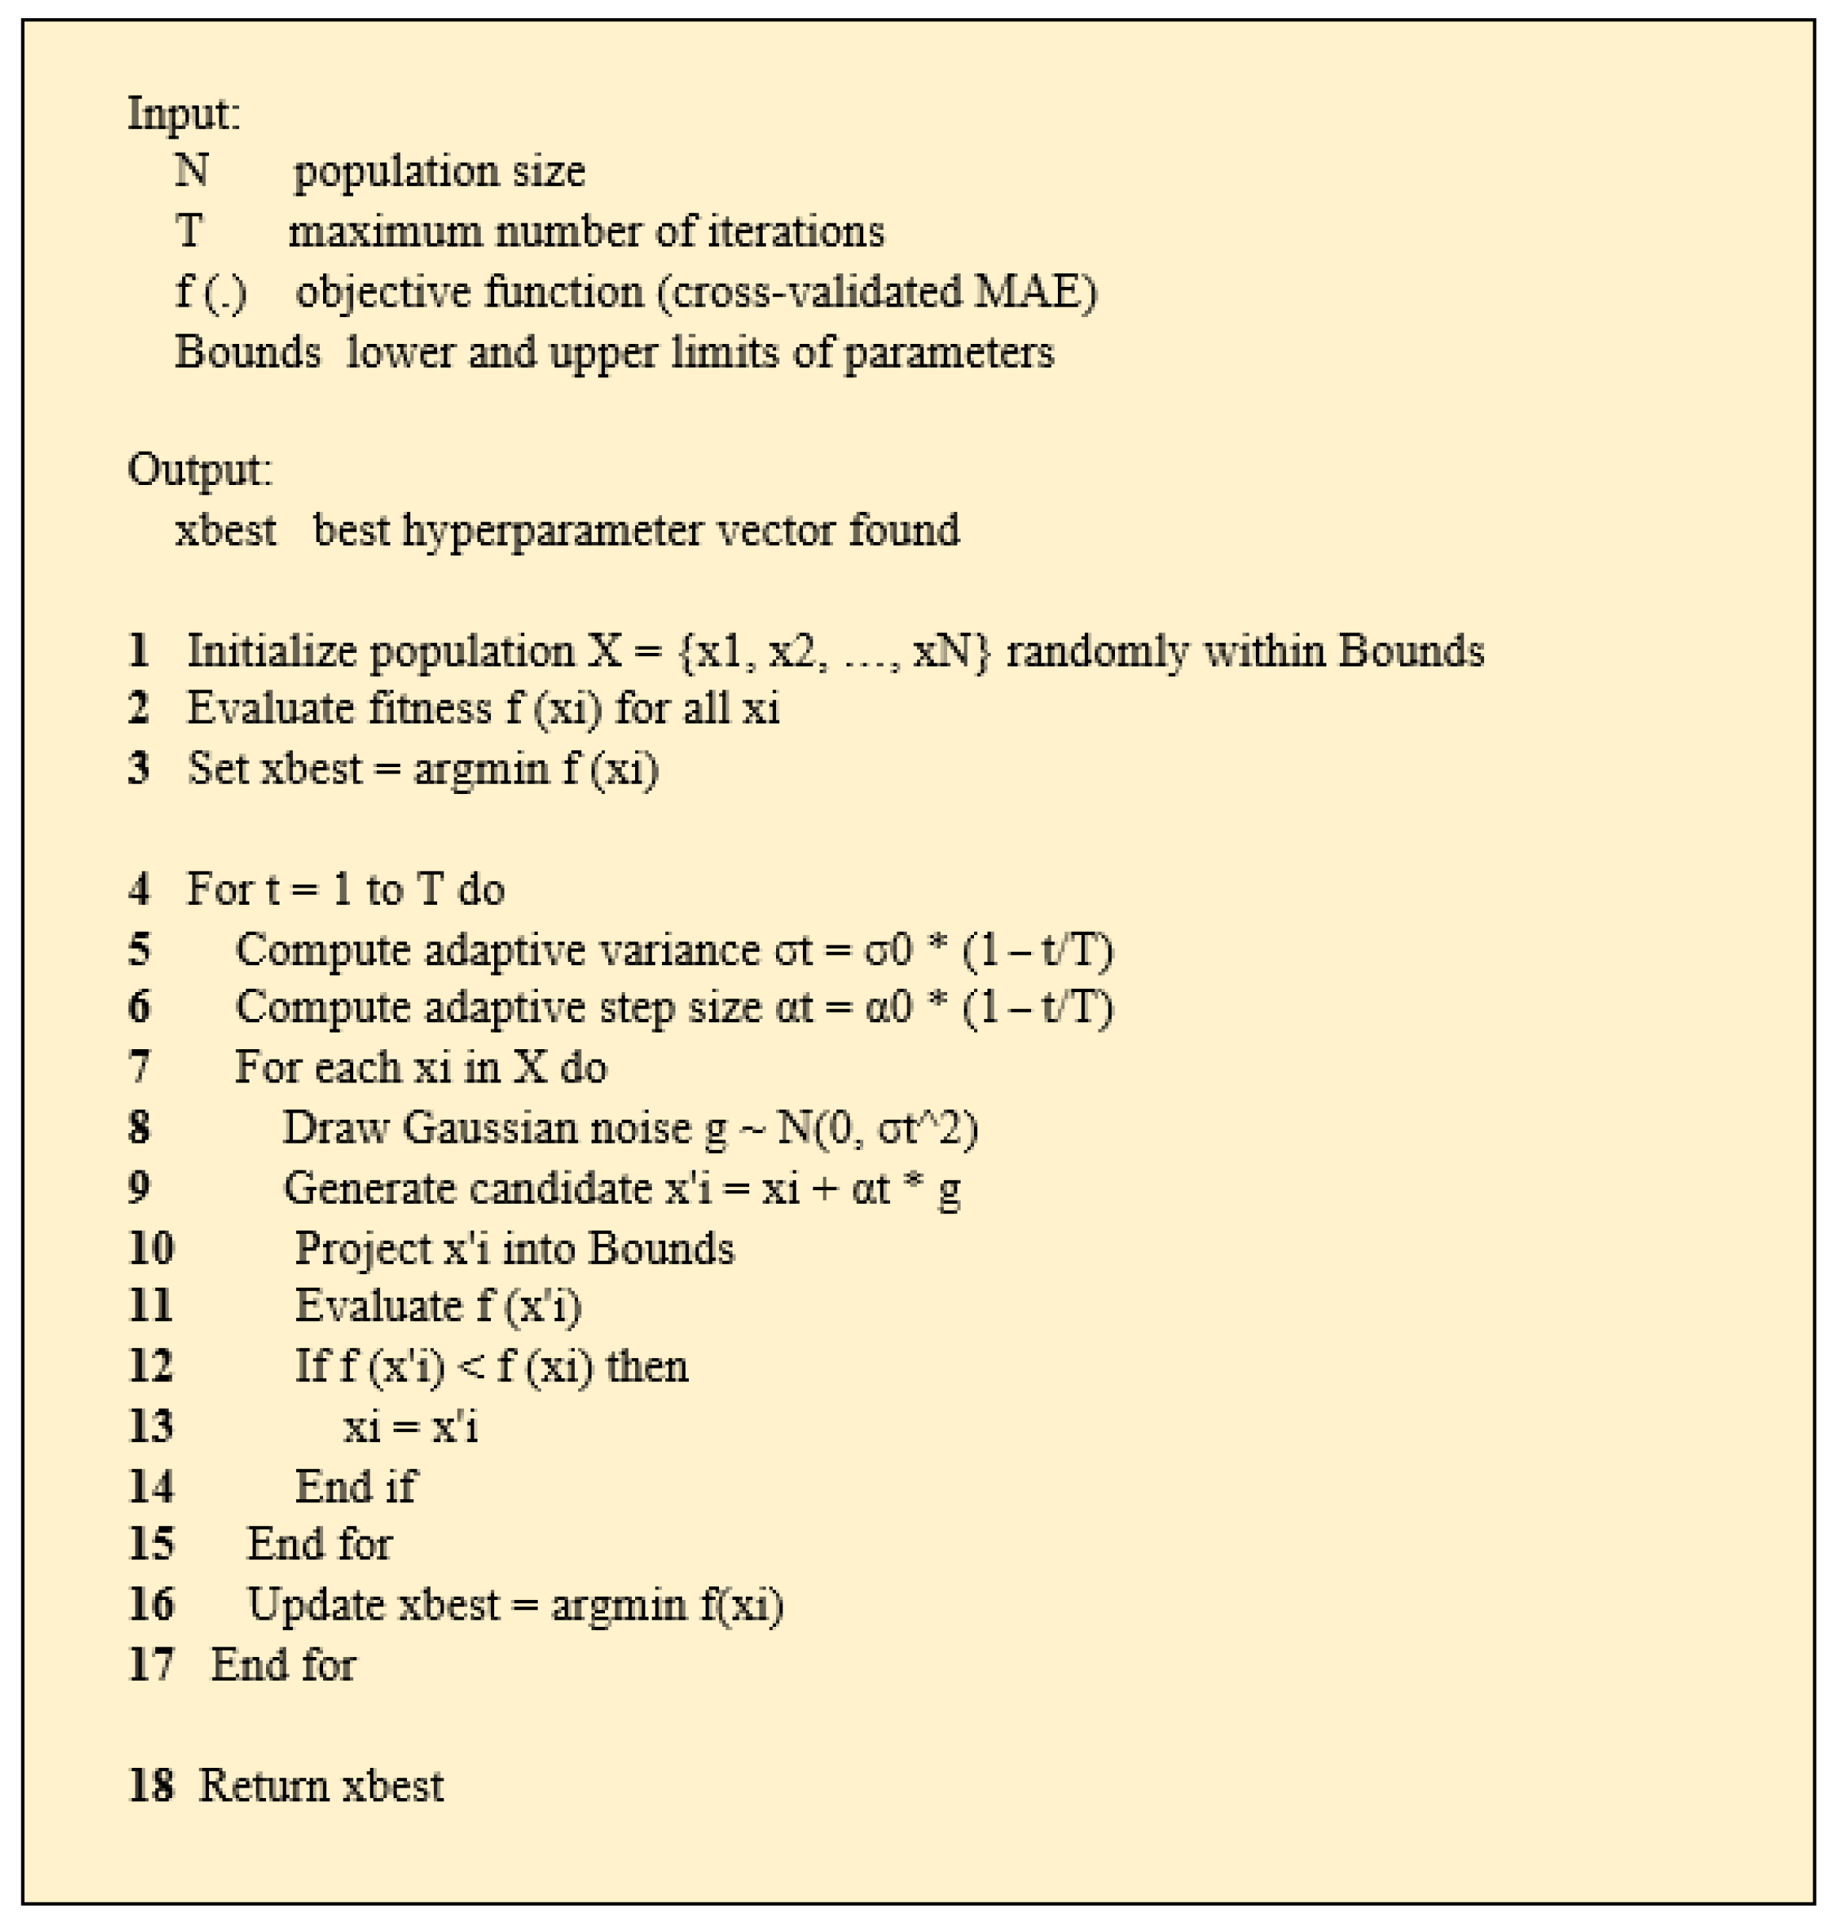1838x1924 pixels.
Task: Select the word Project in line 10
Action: pyautogui.click(x=362, y=1248)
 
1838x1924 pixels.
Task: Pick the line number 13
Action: pyautogui.click(x=151, y=1426)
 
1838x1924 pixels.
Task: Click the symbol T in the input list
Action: pyautogui.click(x=188, y=231)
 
